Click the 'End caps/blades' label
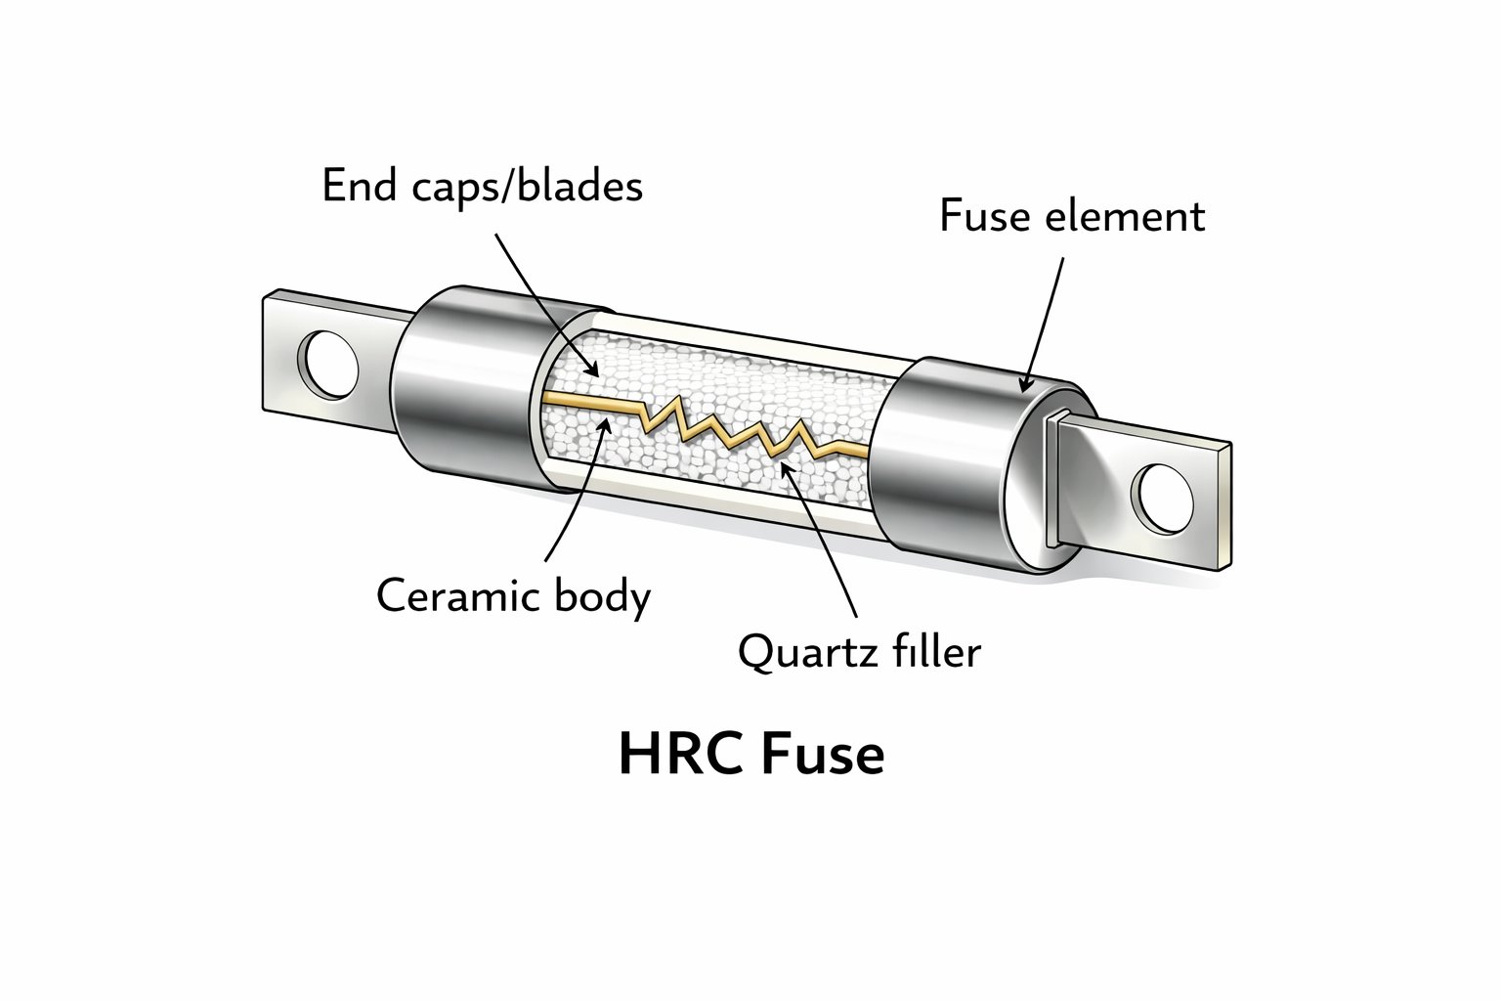(x=482, y=186)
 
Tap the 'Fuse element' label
(x=1071, y=216)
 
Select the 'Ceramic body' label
(x=513, y=595)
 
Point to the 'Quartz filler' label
(x=859, y=651)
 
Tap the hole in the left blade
(x=329, y=365)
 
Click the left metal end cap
(x=459, y=386)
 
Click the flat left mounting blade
(x=293, y=352)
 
